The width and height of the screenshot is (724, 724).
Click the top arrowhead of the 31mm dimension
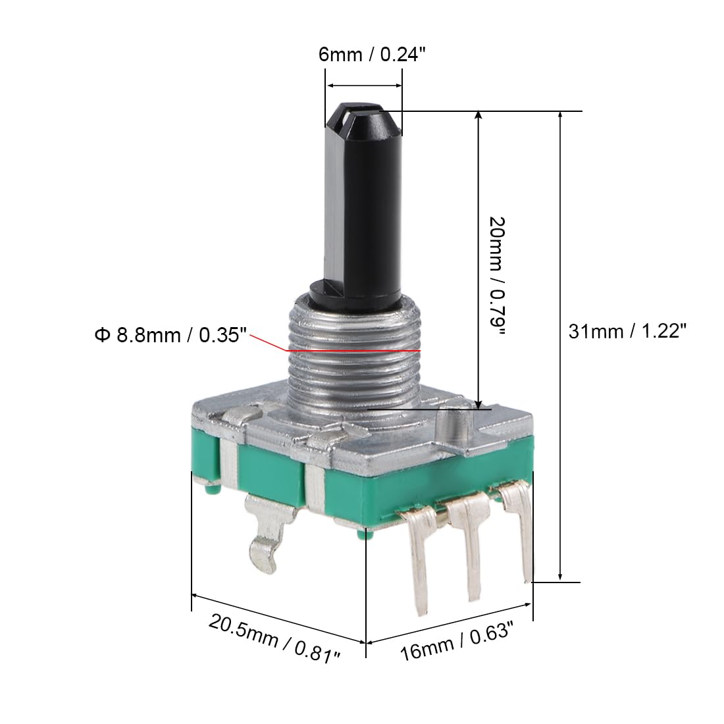560,116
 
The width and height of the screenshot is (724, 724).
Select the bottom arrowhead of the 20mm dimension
478,403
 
